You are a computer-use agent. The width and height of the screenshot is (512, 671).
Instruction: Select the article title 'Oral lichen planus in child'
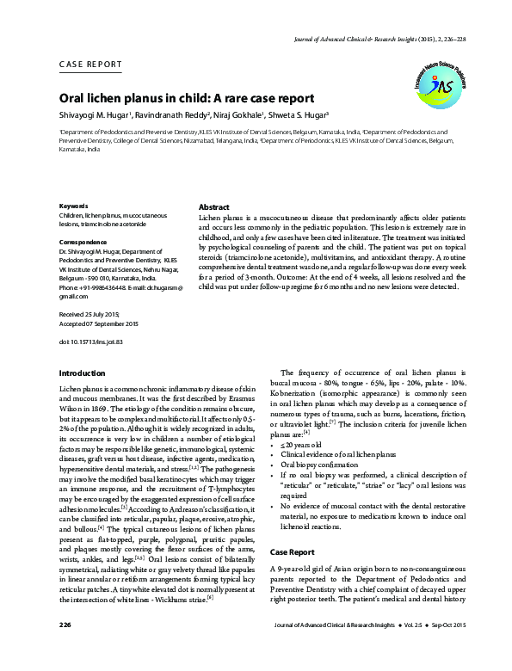tap(186, 98)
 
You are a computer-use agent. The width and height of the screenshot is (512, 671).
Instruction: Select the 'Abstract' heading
tap(213, 208)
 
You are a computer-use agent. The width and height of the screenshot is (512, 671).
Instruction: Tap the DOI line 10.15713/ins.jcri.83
tap(91, 342)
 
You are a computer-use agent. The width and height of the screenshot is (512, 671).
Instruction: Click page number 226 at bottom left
tap(65, 647)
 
